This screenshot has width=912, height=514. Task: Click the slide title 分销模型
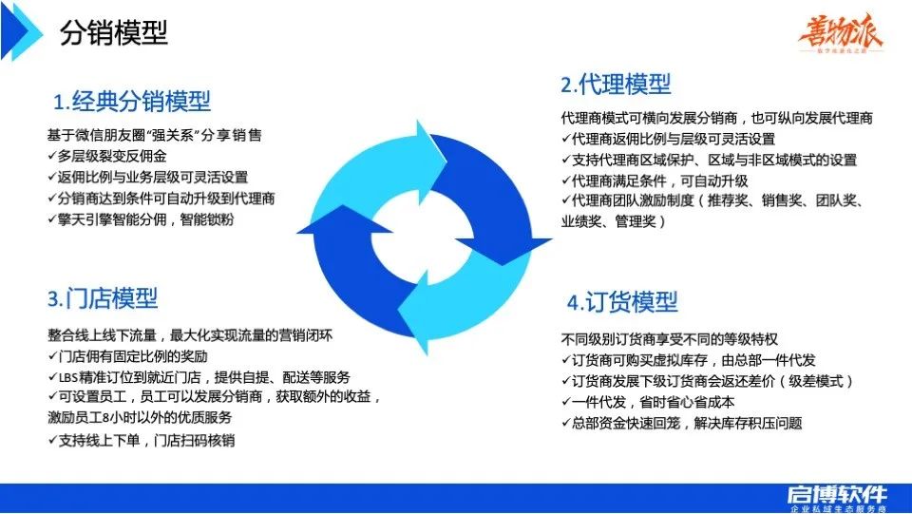[114, 35]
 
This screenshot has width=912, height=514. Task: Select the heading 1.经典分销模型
[132, 101]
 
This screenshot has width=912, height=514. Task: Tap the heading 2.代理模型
[616, 85]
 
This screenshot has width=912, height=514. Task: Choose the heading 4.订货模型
[622, 302]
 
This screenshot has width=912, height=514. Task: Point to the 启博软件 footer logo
[837, 496]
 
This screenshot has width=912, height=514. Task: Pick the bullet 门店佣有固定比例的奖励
[127, 355]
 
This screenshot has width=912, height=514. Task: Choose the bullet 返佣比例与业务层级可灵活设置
[147, 177]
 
